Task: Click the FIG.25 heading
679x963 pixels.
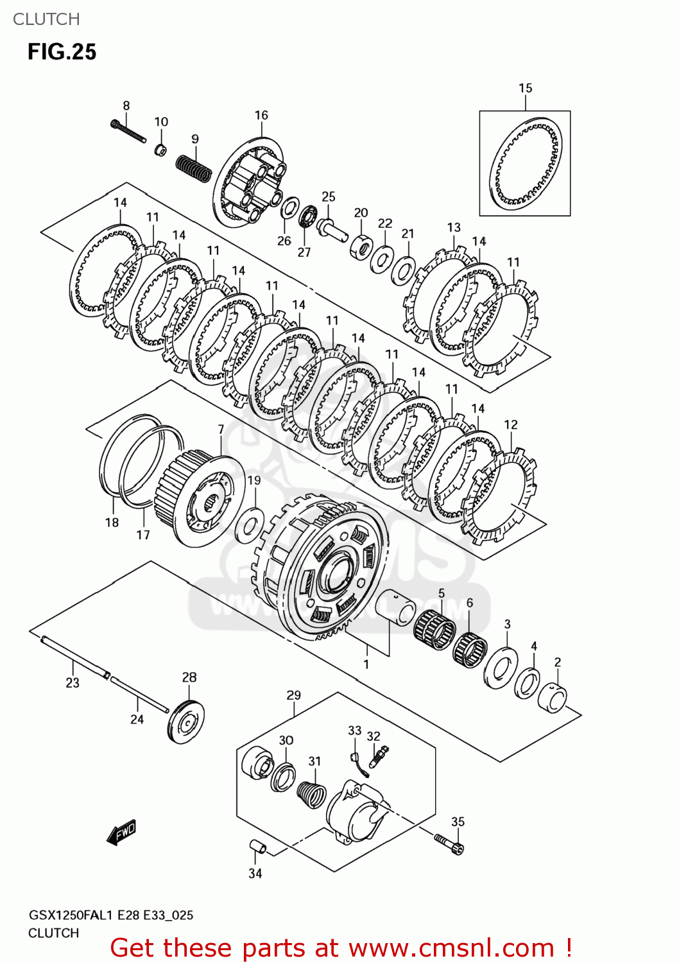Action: pyautogui.click(x=62, y=52)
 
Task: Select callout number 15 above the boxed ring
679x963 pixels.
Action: pyautogui.click(x=525, y=89)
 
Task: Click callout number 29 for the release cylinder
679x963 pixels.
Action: pyautogui.click(x=293, y=695)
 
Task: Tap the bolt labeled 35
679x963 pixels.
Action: pyautogui.click(x=449, y=843)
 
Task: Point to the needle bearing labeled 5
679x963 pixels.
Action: pyautogui.click(x=435, y=629)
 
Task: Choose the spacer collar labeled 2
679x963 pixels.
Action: pyautogui.click(x=552, y=698)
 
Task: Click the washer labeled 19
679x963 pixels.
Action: pyautogui.click(x=250, y=525)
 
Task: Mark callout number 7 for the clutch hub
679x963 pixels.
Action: pyautogui.click(x=221, y=429)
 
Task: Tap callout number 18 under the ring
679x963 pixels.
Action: pyautogui.click(x=112, y=523)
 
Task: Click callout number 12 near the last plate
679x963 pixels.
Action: pyautogui.click(x=510, y=425)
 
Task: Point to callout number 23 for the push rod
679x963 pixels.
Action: pyautogui.click(x=73, y=683)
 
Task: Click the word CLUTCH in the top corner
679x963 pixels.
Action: pyautogui.click(x=46, y=19)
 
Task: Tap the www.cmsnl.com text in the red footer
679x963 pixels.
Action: pyautogui.click(x=451, y=948)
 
